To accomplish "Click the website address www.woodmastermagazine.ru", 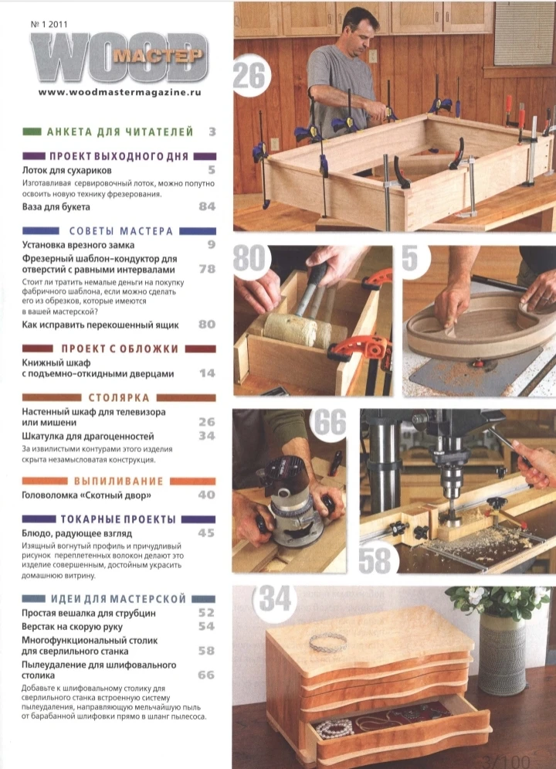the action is coord(120,92).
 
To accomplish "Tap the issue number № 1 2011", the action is coord(49,24).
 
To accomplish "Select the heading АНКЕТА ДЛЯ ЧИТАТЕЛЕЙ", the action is coord(120,131).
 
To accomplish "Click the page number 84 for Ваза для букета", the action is coord(207,206).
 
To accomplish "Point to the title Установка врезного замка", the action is coord(78,244).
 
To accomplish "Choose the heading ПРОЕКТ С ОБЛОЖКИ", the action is coord(120,349).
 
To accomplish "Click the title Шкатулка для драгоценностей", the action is coord(88,436).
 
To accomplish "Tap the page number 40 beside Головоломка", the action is coord(207,495).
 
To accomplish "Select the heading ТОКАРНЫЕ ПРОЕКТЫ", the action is coord(118,519).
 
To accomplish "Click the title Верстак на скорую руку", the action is coord(72,626).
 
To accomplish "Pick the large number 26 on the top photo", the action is coord(249,76).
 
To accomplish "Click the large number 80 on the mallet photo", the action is coord(249,258).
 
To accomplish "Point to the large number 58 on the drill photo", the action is coord(375,560).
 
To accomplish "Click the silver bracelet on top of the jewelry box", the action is coord(328,641).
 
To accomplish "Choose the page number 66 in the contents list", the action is coord(206,675).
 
